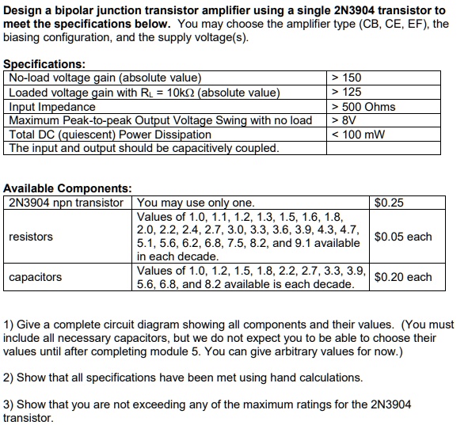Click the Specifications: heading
pos(45,64)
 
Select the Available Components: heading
pos(67,188)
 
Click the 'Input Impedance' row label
pos(52,107)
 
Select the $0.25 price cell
pos(388,203)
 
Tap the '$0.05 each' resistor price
pos(403,237)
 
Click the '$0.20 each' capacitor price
pos(403,277)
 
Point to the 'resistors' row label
pos(31,237)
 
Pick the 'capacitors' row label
pos(36,277)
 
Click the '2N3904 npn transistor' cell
pos(67,203)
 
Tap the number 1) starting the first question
pos(10,324)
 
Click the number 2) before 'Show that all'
pos(10,378)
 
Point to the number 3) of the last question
pos(10,404)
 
